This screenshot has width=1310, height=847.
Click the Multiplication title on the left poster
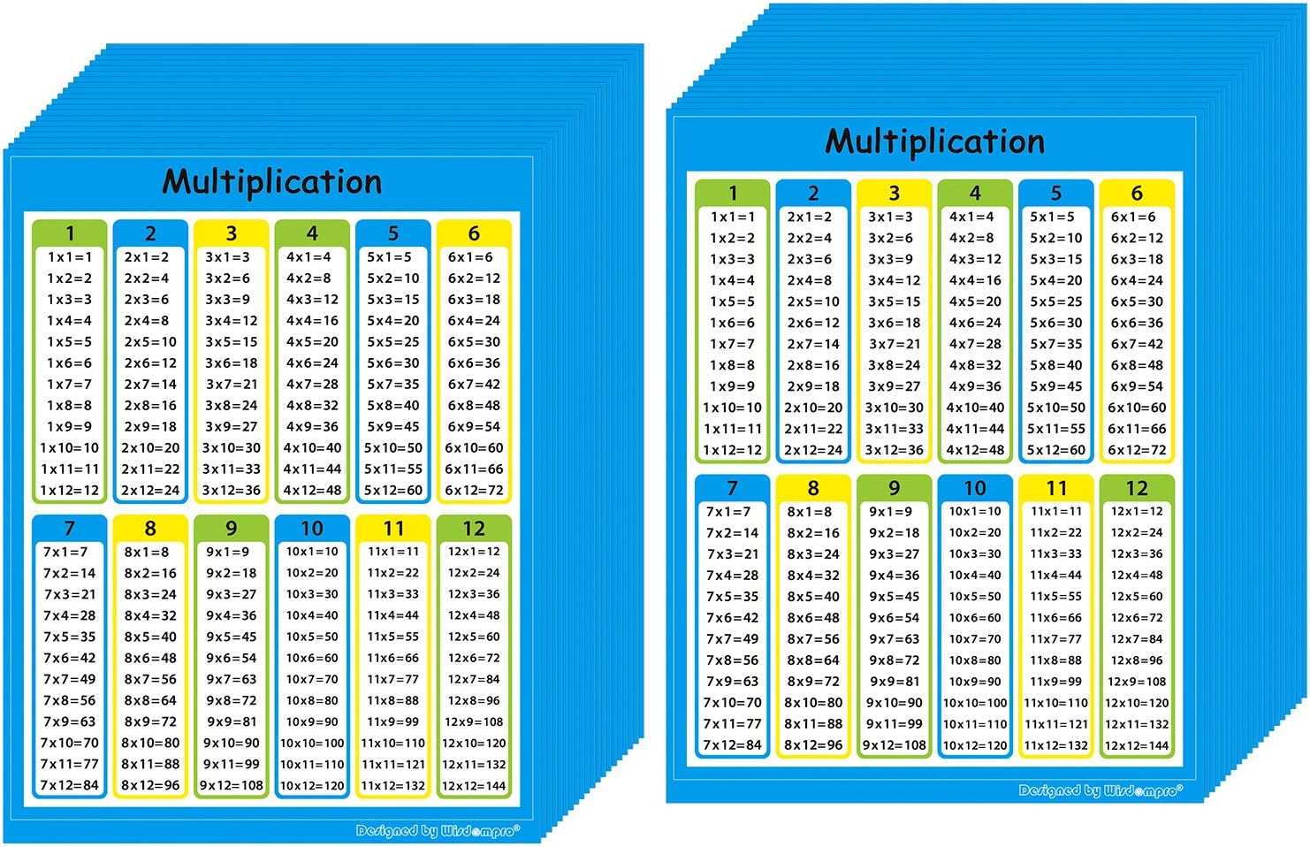pyautogui.click(x=272, y=182)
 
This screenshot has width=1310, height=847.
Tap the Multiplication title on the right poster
pyautogui.click(x=934, y=142)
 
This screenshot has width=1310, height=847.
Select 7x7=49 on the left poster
pyautogui.click(x=70, y=679)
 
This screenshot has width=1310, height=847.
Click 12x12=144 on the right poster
pyautogui.click(x=1137, y=745)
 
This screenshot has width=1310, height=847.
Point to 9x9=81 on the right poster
pyautogui.click(x=895, y=682)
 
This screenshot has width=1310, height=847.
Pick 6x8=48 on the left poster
pyautogui.click(x=474, y=405)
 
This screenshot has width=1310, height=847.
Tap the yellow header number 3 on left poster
pyautogui.click(x=231, y=233)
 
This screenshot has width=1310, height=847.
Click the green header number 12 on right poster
pyautogui.click(x=1137, y=488)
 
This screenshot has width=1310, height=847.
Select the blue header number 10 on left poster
pyautogui.click(x=312, y=528)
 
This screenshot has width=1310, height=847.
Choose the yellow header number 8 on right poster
pyautogui.click(x=813, y=488)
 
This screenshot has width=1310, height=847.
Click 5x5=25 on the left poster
pyautogui.click(x=393, y=341)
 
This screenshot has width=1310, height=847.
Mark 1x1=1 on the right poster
pyautogui.click(x=732, y=217)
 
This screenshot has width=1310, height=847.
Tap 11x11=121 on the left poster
pyautogui.click(x=393, y=765)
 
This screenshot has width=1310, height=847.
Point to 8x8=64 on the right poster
pyautogui.click(x=813, y=660)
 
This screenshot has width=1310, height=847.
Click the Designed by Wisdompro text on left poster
pyautogui.click(x=438, y=831)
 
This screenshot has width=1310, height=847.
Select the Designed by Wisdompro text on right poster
pyautogui.click(x=1101, y=790)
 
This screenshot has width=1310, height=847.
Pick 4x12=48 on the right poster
pyautogui.click(x=975, y=450)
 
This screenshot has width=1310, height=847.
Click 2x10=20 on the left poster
pyautogui.click(x=150, y=448)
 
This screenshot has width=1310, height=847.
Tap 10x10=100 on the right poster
pyautogui.click(x=975, y=703)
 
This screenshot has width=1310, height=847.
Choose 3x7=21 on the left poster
pyautogui.click(x=231, y=385)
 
